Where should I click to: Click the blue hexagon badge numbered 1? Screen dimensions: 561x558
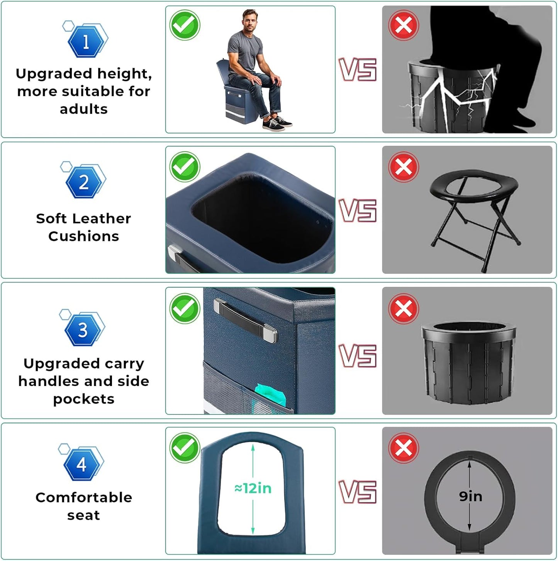pos(86,41)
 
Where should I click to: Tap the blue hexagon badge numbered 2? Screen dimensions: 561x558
pos(83,182)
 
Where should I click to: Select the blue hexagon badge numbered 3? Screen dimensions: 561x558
pos(83,330)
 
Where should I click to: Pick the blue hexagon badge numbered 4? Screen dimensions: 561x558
pos(81,465)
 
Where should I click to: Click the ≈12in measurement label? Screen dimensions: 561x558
pos(253,488)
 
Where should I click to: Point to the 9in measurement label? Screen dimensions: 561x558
pos(471,496)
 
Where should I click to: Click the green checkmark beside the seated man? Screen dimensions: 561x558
pos(185,25)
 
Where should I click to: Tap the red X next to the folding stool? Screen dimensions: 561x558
pos(404,167)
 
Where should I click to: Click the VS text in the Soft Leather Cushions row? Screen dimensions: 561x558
pos(358,211)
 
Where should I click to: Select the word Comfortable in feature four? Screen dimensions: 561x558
pos(84,497)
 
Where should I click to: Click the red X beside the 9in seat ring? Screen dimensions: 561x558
pos(404,448)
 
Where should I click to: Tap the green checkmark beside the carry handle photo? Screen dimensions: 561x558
pos(185,308)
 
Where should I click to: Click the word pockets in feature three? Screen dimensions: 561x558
pos(84,399)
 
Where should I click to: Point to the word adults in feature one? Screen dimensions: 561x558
pos(84,109)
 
